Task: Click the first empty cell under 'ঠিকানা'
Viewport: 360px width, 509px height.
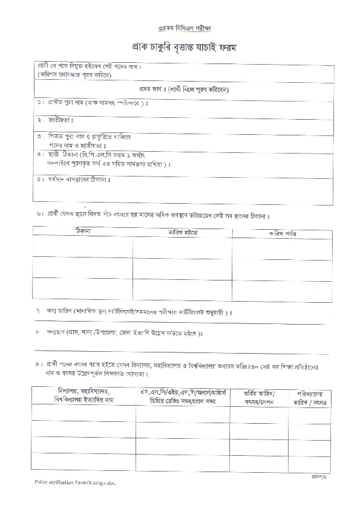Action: click(x=83, y=247)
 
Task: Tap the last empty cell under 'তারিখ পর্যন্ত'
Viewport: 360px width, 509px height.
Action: click(x=281, y=290)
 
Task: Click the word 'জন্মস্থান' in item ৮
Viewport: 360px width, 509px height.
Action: click(x=56, y=332)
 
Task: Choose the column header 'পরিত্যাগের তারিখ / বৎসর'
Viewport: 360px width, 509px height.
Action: click(x=310, y=396)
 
